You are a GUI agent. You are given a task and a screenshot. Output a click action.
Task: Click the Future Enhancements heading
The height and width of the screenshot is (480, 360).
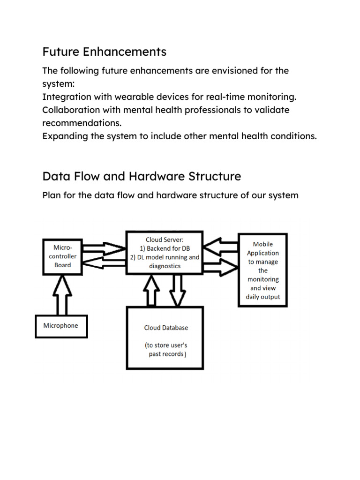pyautogui.click(x=104, y=52)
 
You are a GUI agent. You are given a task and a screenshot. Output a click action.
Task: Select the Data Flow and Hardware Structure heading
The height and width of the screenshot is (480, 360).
pyautogui.click(x=142, y=176)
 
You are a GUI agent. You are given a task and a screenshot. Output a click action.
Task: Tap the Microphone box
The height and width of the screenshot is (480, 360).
pyautogui.click(x=61, y=326)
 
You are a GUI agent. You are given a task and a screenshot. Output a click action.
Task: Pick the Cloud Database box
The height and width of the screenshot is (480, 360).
pyautogui.click(x=165, y=338)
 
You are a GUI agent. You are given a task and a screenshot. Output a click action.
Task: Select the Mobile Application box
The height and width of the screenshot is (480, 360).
pyautogui.click(x=263, y=270)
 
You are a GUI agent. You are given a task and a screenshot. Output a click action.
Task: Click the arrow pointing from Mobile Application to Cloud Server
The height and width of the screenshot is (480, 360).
pyautogui.click(x=220, y=246)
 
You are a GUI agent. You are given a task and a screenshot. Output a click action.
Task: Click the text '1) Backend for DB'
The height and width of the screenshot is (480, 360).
pyautogui.click(x=165, y=248)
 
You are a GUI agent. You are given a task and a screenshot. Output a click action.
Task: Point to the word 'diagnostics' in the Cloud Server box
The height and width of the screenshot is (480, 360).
pyautogui.click(x=165, y=266)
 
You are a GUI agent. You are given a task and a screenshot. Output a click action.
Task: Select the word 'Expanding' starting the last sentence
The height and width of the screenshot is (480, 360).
pyautogui.click(x=64, y=136)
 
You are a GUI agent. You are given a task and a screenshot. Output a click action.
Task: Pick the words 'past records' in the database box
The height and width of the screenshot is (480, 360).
pyautogui.click(x=166, y=354)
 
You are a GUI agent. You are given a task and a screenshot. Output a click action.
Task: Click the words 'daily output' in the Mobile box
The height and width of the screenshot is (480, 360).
pyautogui.click(x=263, y=297)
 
